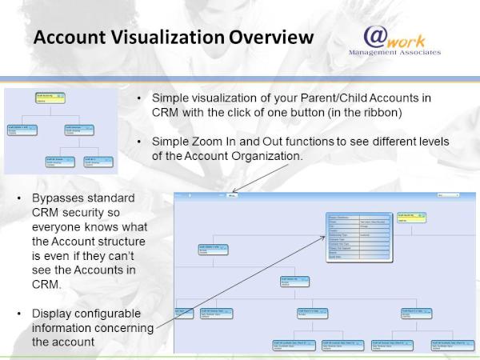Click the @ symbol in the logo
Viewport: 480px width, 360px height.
376,37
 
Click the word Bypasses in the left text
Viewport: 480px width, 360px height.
58,197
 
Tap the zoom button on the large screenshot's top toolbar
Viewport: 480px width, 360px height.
232,195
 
